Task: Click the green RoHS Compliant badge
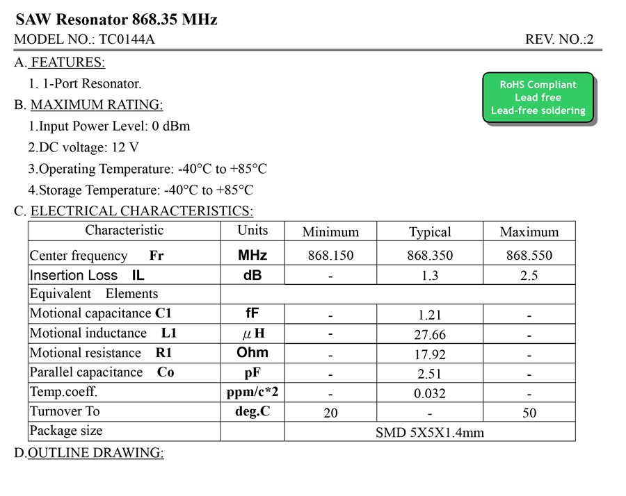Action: pos(538,98)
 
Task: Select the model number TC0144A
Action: pos(127,40)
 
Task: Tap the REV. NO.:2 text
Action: pos(559,40)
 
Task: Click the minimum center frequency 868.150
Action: pos(330,256)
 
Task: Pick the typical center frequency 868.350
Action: pos(430,256)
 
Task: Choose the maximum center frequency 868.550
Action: pos(529,256)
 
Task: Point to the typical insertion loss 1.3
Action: pos(430,276)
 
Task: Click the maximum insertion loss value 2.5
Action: pos(529,276)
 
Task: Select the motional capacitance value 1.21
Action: pos(429,315)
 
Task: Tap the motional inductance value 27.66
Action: pos(430,335)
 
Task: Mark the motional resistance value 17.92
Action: pos(430,354)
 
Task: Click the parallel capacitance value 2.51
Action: pos(430,374)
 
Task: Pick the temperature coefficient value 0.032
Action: pos(430,393)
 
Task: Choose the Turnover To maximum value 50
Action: pos(529,413)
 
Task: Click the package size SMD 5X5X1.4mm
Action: pos(430,433)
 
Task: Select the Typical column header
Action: pos(430,232)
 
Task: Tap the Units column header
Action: pos(252,231)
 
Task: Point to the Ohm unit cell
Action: pos(252,352)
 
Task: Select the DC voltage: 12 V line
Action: pos(83,147)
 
